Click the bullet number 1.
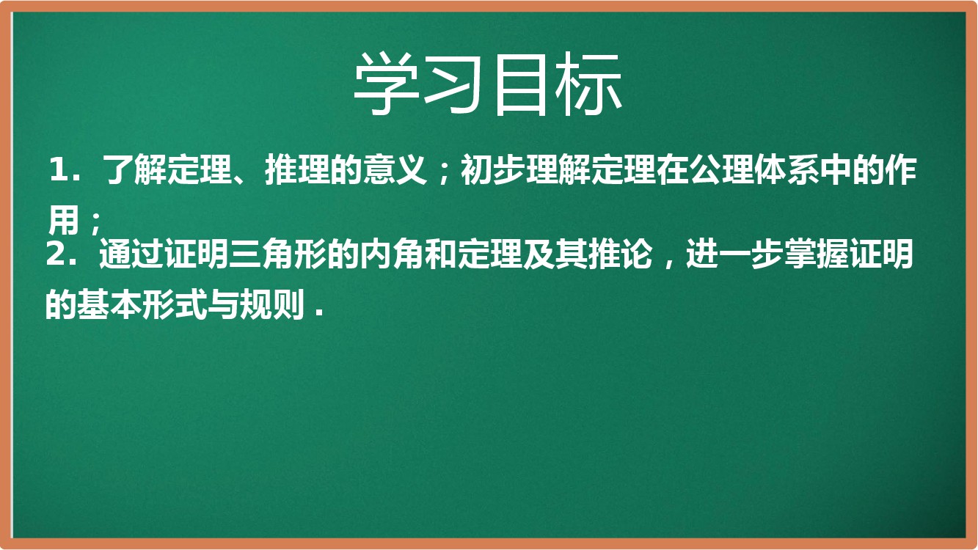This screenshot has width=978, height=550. click(58, 169)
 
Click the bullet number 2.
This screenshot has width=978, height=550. click(56, 253)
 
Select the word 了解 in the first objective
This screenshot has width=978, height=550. click(134, 169)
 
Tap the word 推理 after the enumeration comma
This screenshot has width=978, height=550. click(297, 169)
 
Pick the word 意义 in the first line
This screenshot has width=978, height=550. click(395, 169)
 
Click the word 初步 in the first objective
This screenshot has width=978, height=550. click(494, 169)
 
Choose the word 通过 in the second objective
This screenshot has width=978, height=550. click(131, 253)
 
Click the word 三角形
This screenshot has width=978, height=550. click(277, 253)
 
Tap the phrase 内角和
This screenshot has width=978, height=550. click(408, 253)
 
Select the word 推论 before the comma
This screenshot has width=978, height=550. click(621, 253)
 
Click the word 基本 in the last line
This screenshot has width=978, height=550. click(110, 304)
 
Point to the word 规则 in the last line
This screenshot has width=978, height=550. click(273, 304)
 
